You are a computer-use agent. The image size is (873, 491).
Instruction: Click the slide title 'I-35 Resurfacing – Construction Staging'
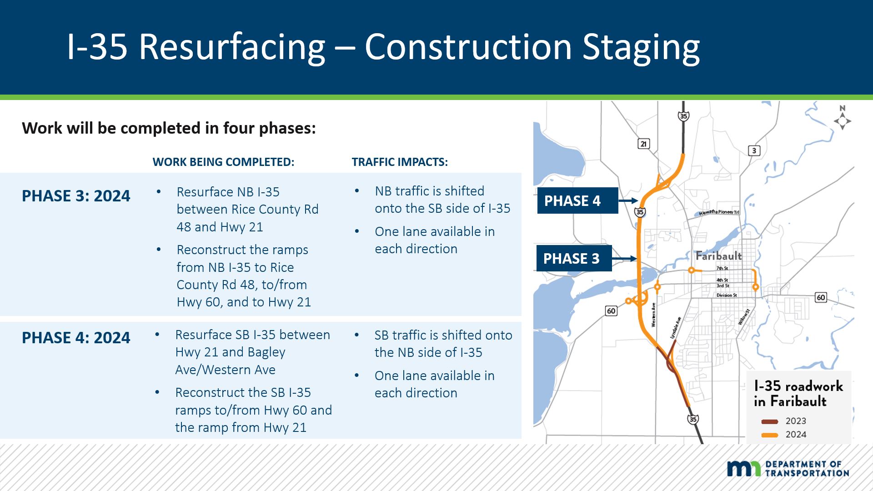[x=383, y=47]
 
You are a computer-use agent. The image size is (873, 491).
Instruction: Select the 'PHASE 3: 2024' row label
[x=76, y=196]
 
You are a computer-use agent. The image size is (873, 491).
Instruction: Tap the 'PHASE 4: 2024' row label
[x=76, y=338]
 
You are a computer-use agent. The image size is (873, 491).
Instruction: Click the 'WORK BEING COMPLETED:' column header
[x=223, y=162]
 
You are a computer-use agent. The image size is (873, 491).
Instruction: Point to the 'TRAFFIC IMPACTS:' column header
[x=400, y=162]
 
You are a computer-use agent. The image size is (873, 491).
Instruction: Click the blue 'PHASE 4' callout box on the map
[x=577, y=200]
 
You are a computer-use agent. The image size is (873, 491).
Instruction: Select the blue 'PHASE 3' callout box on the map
[x=574, y=258]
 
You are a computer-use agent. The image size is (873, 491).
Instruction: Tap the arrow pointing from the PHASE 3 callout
[x=624, y=259]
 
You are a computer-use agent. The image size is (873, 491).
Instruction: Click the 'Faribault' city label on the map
[x=718, y=256]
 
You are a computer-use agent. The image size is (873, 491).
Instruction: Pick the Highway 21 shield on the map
[x=643, y=144]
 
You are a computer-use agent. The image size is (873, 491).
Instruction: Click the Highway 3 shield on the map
[x=754, y=150]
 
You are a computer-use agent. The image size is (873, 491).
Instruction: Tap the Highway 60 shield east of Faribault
[x=821, y=297]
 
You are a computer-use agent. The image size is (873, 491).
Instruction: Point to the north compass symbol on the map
[x=842, y=118]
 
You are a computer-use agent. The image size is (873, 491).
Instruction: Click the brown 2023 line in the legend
[x=770, y=422]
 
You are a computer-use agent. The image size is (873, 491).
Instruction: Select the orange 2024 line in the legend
[x=770, y=435]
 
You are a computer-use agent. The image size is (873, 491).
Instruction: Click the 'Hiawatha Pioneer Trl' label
[x=719, y=212]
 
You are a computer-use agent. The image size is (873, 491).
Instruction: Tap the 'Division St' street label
[x=727, y=296]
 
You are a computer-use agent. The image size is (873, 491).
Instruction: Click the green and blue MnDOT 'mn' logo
[x=744, y=468]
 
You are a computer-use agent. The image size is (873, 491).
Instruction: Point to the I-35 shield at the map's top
[x=683, y=116]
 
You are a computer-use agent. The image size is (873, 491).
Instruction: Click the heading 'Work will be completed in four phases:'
[x=169, y=128]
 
